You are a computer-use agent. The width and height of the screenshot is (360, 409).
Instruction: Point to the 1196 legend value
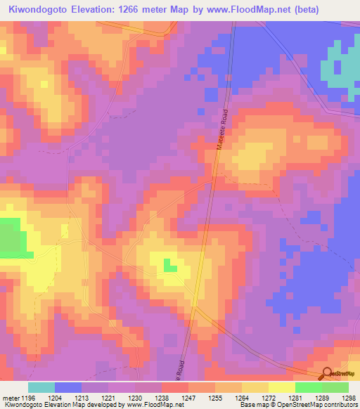point(27,397)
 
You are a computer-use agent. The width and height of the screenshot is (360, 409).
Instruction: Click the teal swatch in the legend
point(41,387)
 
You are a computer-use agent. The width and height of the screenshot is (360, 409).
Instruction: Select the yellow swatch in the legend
point(282,387)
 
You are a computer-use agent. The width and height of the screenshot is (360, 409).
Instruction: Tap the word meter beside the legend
point(11,397)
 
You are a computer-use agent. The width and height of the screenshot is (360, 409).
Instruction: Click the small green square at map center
point(169,265)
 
